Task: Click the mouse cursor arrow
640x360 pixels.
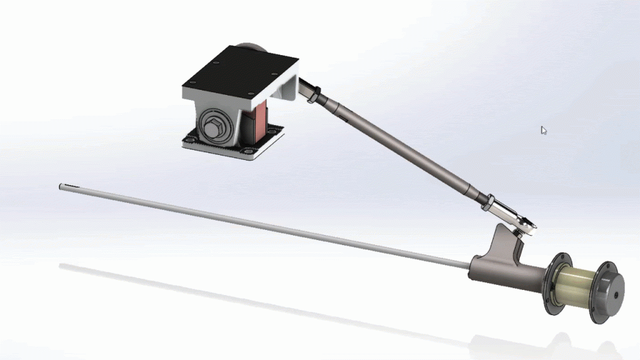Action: (x=543, y=130)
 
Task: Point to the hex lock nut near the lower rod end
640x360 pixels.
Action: (x=485, y=200)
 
